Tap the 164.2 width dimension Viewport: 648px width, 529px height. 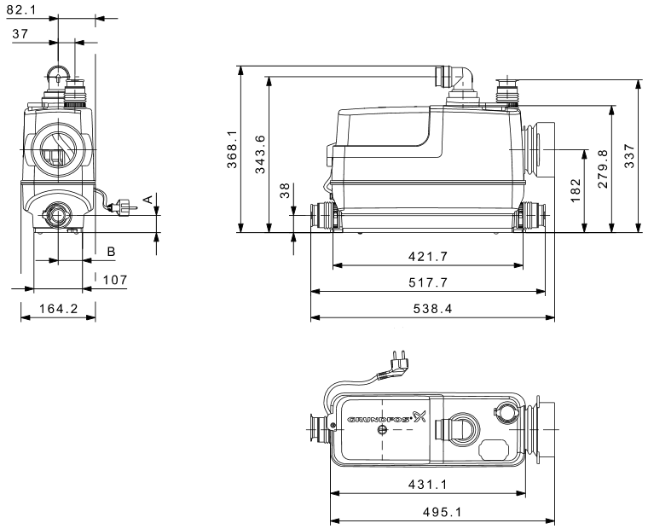pyautogui.click(x=58, y=309)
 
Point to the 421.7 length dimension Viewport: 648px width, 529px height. pyautogui.click(x=428, y=257)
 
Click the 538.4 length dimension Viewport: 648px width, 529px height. pyautogui.click(x=432, y=309)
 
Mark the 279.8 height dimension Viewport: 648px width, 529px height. pyautogui.click(x=603, y=177)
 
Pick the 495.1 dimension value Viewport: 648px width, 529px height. pyautogui.click(x=441, y=511)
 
